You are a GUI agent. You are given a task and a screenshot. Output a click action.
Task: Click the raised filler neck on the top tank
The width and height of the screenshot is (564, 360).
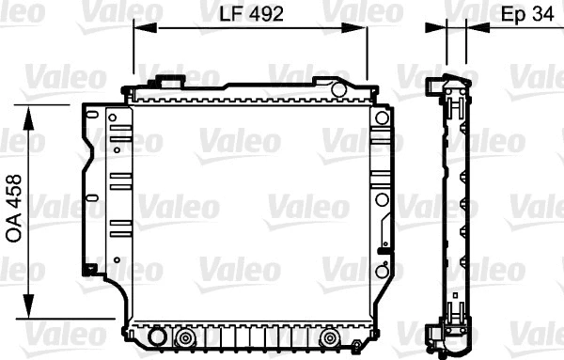click(171, 83)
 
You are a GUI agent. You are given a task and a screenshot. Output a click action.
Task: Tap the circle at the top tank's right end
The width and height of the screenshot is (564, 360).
click(337, 89)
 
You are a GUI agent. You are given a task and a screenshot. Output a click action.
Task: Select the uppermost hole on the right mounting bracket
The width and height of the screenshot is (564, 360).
click(381, 118)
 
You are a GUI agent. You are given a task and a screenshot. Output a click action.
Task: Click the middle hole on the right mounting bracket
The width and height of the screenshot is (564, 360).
click(381, 199)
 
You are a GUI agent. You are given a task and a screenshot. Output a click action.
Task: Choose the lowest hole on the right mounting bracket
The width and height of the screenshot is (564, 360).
click(381, 272)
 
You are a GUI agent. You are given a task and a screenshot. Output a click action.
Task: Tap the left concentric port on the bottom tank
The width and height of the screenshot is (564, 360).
click(185, 337)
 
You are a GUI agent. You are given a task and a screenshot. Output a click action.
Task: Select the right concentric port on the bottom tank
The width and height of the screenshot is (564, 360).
click(329, 337)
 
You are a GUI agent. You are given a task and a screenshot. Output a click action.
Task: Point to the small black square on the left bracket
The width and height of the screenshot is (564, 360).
click(89, 270)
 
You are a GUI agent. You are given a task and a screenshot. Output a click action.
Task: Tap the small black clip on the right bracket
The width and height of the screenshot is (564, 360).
click(382, 249)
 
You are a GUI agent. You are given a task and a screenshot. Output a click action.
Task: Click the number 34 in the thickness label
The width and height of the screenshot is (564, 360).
click(543, 14)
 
